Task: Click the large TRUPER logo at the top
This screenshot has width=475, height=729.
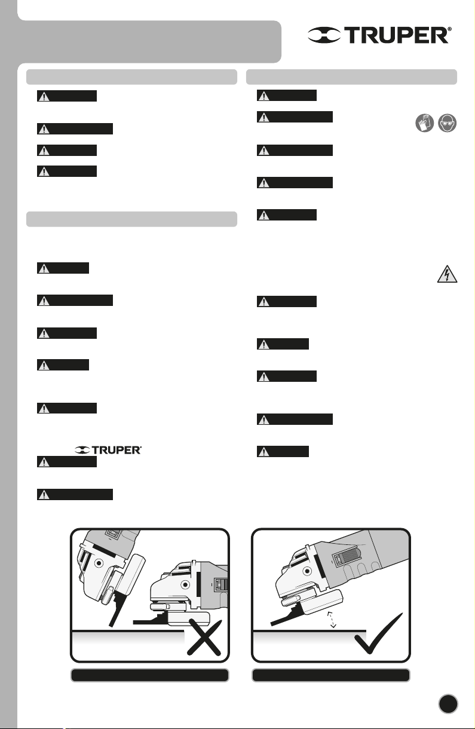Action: [379, 35]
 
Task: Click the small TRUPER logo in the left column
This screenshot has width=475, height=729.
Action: [108, 450]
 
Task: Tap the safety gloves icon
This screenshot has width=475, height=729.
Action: [425, 123]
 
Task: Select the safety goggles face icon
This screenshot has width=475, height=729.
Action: [448, 123]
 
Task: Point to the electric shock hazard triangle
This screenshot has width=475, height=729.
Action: [448, 274]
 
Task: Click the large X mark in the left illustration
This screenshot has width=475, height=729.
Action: [204, 637]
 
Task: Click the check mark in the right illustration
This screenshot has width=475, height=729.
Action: [378, 633]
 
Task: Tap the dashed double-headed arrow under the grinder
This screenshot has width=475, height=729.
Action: [331, 619]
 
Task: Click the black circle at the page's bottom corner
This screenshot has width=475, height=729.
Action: [448, 704]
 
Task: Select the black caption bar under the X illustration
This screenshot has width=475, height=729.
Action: [149, 675]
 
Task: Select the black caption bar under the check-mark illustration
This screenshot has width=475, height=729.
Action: [331, 675]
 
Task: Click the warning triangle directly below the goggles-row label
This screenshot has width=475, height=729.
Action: [263, 151]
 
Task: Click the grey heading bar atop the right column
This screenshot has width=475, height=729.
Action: [351, 77]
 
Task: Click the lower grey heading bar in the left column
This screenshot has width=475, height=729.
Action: [131, 219]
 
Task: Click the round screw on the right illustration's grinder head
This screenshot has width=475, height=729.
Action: [307, 571]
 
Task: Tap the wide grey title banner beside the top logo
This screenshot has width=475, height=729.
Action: [149, 42]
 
